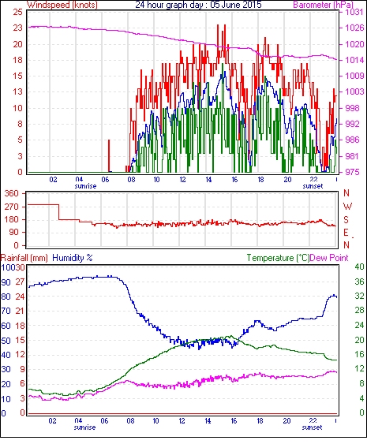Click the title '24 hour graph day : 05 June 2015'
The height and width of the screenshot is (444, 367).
(x=198, y=5)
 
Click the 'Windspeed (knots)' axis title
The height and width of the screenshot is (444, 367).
(x=62, y=5)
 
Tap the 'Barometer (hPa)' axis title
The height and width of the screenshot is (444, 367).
(x=323, y=5)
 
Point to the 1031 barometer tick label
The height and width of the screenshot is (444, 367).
(x=354, y=12)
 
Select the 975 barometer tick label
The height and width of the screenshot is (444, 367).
(x=352, y=172)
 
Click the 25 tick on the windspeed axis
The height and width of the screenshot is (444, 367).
(x=18, y=12)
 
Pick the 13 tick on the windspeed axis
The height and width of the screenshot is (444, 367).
(x=18, y=91)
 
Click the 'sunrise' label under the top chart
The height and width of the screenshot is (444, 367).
(x=85, y=186)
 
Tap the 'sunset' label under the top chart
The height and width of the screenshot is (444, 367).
(x=313, y=186)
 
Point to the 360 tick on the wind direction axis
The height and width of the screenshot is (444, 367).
(x=12, y=194)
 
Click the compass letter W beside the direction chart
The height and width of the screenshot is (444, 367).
(x=347, y=207)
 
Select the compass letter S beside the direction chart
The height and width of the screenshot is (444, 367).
(x=346, y=219)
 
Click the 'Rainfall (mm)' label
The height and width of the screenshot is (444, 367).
(x=24, y=258)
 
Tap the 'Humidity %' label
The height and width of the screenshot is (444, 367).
(x=73, y=258)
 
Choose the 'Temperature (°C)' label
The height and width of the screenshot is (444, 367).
(x=278, y=258)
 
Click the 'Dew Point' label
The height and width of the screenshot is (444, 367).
(x=329, y=258)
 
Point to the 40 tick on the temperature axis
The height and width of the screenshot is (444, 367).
(x=359, y=267)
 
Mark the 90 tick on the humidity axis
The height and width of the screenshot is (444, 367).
(x=6, y=282)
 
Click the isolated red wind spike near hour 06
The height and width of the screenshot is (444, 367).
(x=109, y=155)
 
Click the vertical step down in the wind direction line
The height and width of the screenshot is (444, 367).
(x=59, y=212)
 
